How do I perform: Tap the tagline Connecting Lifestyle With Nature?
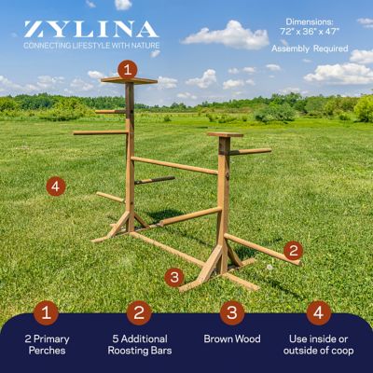click(x=90, y=45)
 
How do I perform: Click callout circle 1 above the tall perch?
click(x=128, y=68)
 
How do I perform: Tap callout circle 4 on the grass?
click(x=57, y=186)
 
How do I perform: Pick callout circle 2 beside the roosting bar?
click(x=292, y=249)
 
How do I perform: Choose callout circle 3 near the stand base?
click(x=173, y=276)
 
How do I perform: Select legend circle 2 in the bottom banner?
click(x=140, y=312)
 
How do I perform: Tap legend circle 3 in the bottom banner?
click(x=233, y=312)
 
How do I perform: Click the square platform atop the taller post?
click(x=129, y=81)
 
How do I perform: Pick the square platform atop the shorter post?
click(x=225, y=135)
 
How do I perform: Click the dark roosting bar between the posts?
click(x=154, y=180)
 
